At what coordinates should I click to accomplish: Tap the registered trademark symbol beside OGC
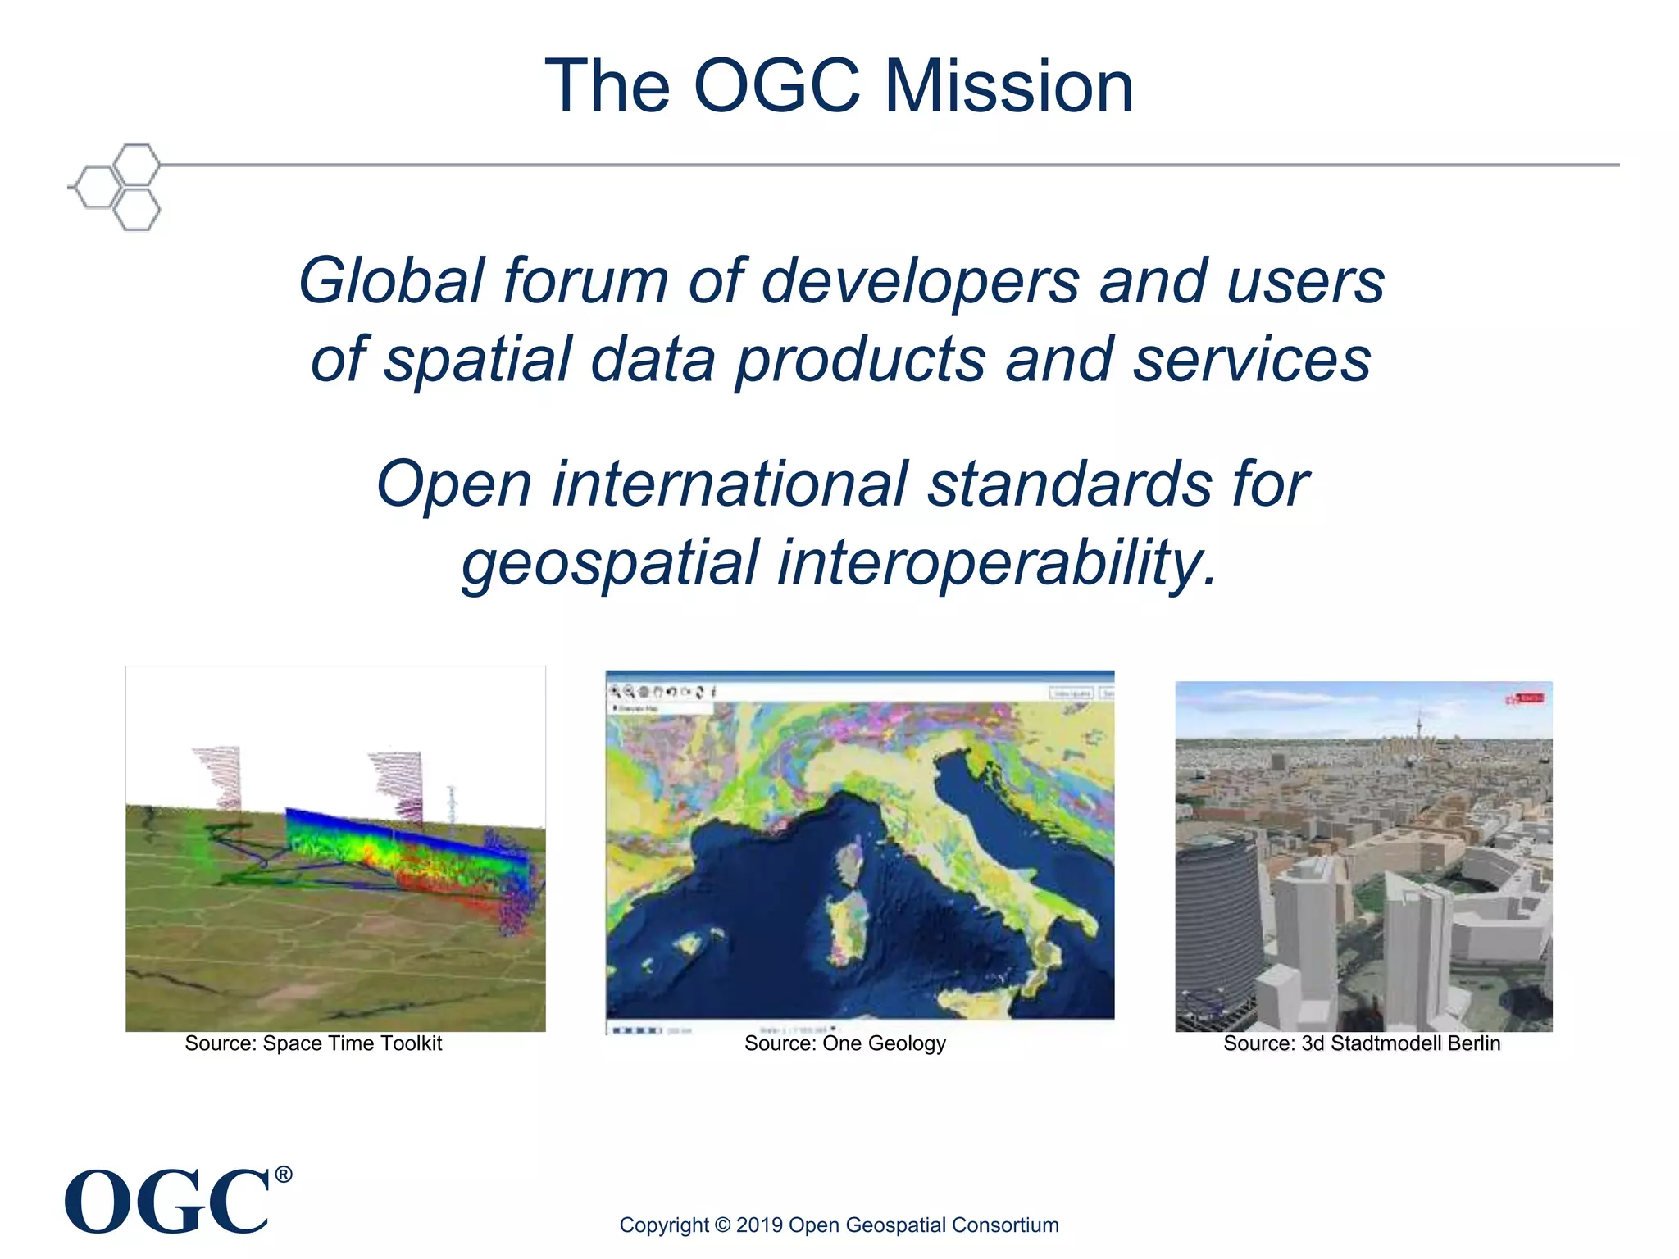click(x=283, y=1175)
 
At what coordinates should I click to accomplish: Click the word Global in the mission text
click(x=392, y=281)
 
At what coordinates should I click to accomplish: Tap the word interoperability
click(x=996, y=564)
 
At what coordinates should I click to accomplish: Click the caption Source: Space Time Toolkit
click(x=313, y=1043)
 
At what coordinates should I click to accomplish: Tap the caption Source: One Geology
click(x=844, y=1043)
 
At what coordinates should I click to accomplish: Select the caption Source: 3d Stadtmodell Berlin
click(x=1362, y=1043)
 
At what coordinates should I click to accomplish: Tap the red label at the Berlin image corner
click(x=1526, y=698)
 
